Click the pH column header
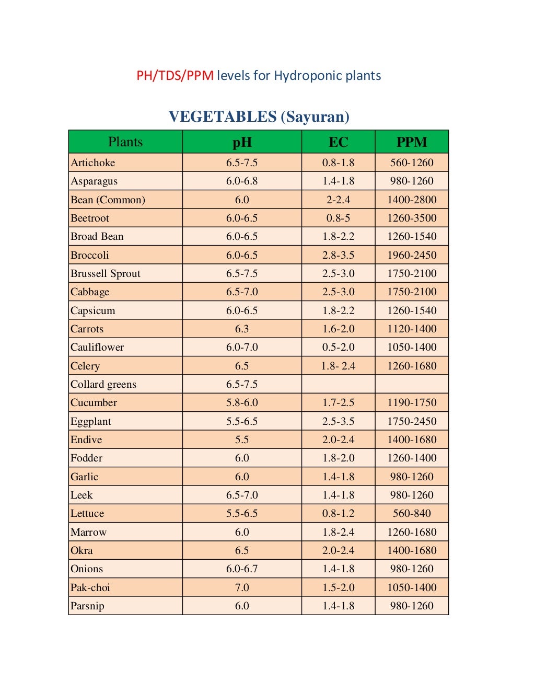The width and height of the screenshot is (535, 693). (242, 142)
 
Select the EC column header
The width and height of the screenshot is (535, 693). (338, 142)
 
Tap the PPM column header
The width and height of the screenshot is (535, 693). (412, 142)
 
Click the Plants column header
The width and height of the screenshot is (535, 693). (125, 142)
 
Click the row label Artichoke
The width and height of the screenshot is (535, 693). (93, 163)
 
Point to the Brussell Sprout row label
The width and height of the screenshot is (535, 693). (106, 273)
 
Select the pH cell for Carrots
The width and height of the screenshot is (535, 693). (242, 329)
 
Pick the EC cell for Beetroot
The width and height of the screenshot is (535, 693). (338, 218)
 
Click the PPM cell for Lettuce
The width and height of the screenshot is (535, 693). (412, 513)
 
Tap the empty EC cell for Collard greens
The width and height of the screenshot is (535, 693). (338, 384)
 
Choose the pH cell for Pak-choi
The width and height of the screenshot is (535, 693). (242, 587)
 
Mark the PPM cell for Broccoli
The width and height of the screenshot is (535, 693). (412, 255)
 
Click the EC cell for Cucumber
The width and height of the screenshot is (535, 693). (338, 402)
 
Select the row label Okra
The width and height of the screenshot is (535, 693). (82, 550)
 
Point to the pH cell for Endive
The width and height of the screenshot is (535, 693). (242, 440)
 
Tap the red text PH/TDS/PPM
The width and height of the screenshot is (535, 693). (175, 76)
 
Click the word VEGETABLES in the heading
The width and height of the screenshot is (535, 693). (223, 117)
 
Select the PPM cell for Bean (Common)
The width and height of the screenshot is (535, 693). (412, 200)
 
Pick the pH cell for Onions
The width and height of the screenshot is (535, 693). (242, 569)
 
